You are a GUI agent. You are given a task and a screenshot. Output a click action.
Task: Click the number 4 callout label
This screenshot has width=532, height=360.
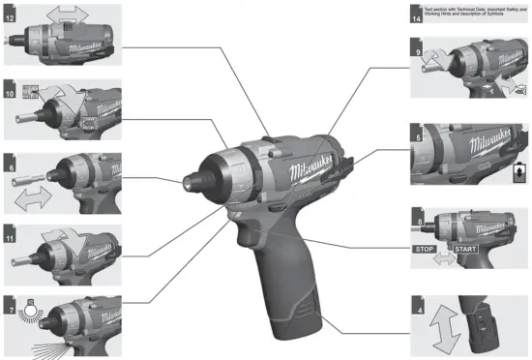(417, 308)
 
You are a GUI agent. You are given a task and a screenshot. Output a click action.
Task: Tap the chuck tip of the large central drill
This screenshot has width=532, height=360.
(209, 179)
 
